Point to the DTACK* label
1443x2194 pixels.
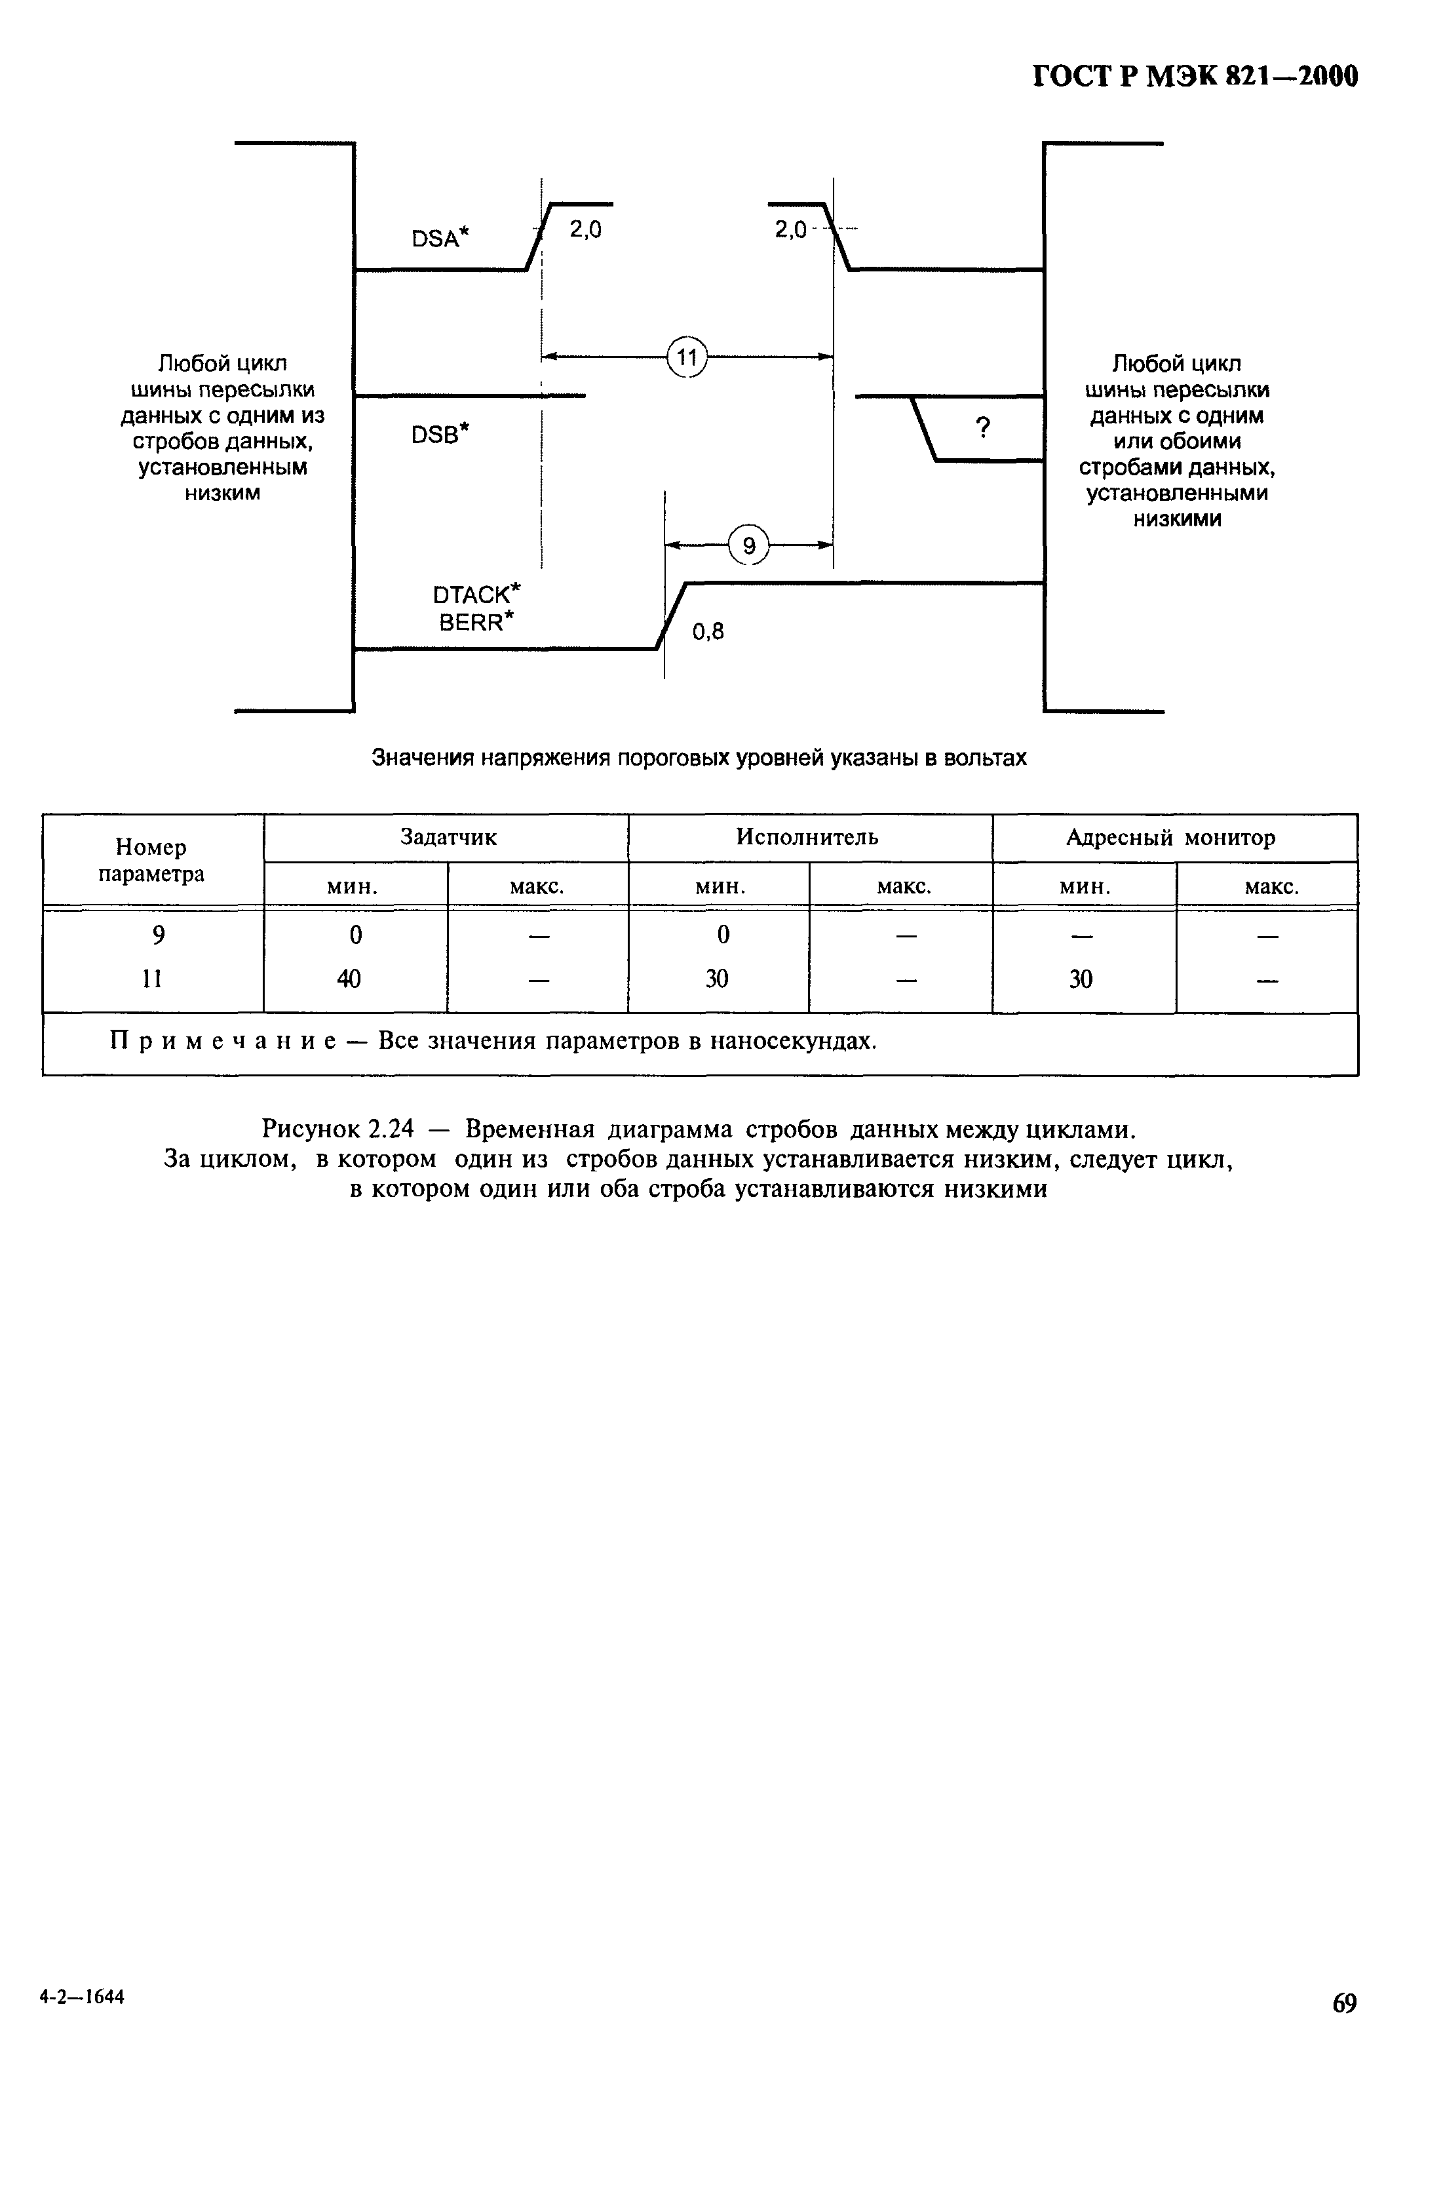476,594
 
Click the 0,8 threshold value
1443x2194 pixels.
708,631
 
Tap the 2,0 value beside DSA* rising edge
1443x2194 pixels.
585,229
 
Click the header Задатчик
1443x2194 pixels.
448,837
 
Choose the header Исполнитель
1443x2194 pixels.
807,837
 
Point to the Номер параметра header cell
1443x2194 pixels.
152,860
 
